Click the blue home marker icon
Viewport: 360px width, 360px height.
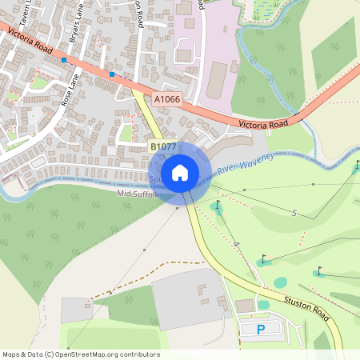pos(180,173)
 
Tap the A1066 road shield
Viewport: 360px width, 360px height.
pos(167,99)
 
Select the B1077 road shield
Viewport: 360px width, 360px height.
pos(163,146)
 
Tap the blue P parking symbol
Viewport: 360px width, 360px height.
pos(260,329)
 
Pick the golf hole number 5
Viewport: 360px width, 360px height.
pos(294,213)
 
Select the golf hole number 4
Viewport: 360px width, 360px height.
pos(236,243)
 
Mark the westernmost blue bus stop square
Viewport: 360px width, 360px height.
pos(64,60)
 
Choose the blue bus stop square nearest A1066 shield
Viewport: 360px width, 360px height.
pos(112,74)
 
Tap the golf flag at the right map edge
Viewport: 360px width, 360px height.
pos(357,166)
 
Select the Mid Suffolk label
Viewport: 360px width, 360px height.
pos(138,194)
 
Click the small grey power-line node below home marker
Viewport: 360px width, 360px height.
pos(177,210)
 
